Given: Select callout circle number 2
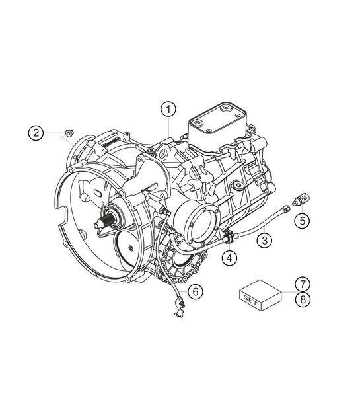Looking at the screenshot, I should (x=37, y=133).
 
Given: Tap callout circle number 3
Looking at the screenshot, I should (x=265, y=239).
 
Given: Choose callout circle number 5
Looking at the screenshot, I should (x=302, y=220).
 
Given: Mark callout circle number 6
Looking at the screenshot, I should (x=195, y=291).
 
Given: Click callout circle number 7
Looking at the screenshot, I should (x=301, y=283).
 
